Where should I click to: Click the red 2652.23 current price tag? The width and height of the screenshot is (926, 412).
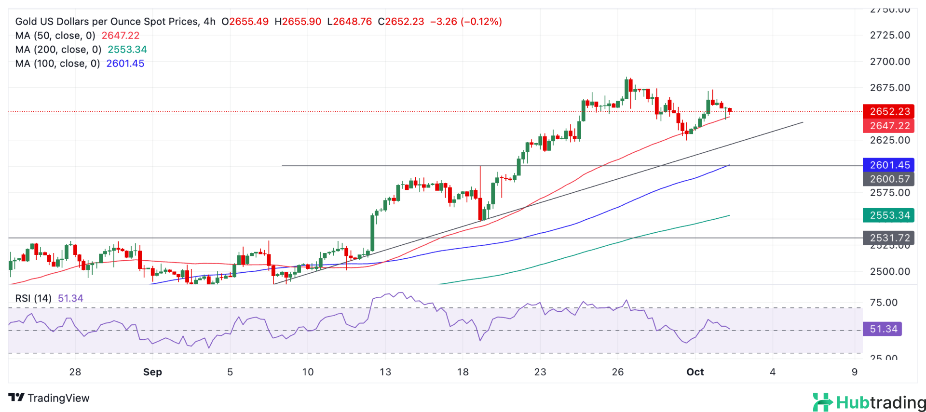888,111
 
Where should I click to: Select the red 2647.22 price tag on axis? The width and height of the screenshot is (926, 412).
888,126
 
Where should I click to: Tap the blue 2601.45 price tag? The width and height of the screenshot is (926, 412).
888,165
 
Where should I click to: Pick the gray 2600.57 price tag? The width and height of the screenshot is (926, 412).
888,179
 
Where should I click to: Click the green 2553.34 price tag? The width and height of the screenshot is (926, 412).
888,215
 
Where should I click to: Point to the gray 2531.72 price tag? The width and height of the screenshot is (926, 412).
888,238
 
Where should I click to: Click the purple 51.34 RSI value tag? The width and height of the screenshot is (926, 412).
883,329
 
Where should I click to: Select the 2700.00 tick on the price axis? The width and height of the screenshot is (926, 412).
890,62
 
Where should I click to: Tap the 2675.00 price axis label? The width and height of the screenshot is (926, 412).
890,88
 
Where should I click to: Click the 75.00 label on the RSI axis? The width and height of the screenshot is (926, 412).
884,303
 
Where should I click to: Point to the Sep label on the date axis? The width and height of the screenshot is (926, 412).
152,372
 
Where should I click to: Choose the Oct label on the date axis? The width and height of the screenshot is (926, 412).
695,372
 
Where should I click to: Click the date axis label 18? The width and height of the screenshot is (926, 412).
463,372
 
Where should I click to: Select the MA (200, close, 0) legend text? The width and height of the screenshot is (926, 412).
58,50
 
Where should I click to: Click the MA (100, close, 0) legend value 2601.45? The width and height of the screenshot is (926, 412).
125,64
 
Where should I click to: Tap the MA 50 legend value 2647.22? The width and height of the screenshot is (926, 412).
120,36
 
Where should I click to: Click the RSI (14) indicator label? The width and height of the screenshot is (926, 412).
33,298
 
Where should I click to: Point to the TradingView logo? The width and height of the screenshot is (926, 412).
49,398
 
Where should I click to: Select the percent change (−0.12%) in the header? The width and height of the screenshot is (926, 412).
481,22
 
